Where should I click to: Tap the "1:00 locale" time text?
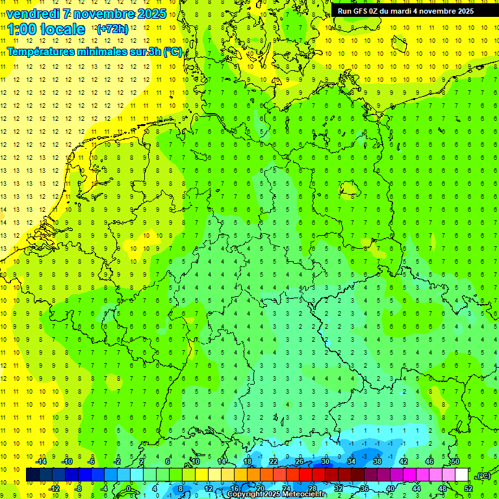point(46,29)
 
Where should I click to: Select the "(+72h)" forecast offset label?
point(112,29)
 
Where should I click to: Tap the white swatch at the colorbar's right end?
point(461,475)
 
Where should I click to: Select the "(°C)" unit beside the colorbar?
point(483,476)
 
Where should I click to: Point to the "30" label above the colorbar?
point(325,461)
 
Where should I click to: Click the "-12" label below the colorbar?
point(54,489)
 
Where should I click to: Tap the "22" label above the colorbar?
point(273,461)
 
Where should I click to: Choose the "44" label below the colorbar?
point(416,489)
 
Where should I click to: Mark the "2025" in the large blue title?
point(151,14)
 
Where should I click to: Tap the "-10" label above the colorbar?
point(66,461)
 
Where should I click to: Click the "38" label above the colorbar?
point(377,461)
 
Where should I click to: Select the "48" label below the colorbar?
point(442,489)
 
